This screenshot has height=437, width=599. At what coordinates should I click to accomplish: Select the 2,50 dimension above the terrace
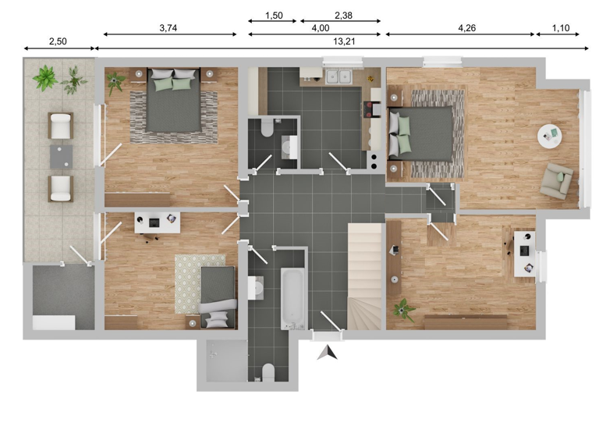tap(58, 41)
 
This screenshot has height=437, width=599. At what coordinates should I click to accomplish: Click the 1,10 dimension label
tap(561, 27)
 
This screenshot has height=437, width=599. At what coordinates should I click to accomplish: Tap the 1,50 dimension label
tap(273, 15)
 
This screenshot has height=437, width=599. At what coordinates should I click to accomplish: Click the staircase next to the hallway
tap(363, 275)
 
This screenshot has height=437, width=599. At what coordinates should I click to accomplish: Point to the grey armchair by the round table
tap(556, 179)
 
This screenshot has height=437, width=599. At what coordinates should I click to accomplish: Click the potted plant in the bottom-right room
tap(402, 310)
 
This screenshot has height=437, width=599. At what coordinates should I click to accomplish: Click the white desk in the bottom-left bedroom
tap(158, 222)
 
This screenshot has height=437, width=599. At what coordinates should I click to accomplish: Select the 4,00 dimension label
tap(320, 27)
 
